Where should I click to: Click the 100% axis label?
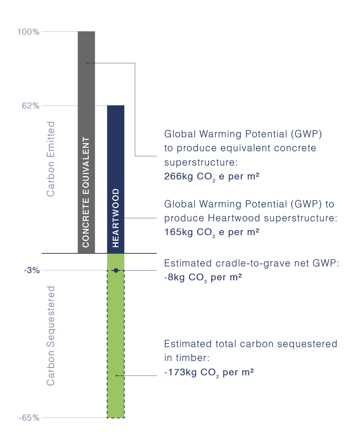(x=28, y=32)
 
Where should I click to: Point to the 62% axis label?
(x=31, y=106)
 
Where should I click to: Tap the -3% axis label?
(x=32, y=270)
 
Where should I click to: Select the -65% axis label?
(x=29, y=418)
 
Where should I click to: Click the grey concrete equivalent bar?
(x=86, y=142)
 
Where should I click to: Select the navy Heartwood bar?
(x=116, y=179)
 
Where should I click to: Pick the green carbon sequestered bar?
(x=116, y=336)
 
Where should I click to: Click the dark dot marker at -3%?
(x=116, y=271)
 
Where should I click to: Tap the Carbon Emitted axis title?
(x=51, y=159)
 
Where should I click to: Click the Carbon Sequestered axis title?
(x=51, y=336)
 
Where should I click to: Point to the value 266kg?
(x=179, y=176)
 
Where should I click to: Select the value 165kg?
(x=179, y=232)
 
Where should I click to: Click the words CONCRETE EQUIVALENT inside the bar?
(x=86, y=192)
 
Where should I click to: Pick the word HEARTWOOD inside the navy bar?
(x=115, y=218)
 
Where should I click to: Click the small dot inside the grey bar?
(x=87, y=63)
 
